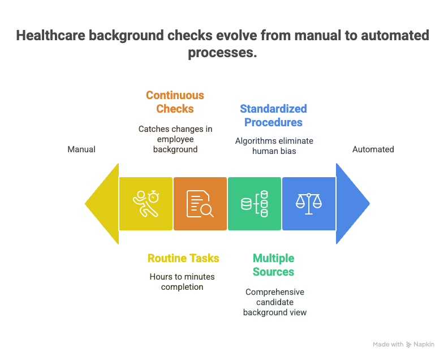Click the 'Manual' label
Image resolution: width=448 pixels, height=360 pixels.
tap(81, 149)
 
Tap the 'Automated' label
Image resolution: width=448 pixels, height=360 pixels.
tap(373, 149)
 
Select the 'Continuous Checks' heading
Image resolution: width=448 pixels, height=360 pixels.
tap(175, 102)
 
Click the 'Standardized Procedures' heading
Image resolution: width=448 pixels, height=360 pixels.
tap(273, 115)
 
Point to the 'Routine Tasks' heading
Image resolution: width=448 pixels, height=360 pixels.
tap(183, 258)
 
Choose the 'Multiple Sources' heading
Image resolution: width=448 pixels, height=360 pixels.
tap(273, 265)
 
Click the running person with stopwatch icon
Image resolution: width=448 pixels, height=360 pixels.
tap(146, 204)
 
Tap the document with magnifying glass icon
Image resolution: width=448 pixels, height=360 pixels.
tap(200, 204)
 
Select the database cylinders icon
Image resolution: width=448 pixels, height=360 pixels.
tap(255, 204)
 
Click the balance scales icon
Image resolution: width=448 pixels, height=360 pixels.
tap(309, 204)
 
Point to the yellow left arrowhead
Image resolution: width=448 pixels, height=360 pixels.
tap(102, 204)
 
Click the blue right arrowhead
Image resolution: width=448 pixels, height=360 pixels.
tap(353, 204)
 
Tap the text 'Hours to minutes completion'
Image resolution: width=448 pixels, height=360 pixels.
tap(182, 282)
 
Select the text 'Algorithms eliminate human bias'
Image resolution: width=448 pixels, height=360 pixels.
tap(274, 146)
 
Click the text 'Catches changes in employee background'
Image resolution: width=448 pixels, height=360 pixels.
tap(175, 139)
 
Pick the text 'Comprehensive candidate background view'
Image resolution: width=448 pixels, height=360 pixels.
tap(275, 302)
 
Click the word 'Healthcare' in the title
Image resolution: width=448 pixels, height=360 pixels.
tap(51, 36)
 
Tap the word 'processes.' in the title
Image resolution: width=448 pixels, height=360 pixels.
tap(222, 53)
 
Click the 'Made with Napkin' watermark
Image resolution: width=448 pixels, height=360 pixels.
tap(403, 344)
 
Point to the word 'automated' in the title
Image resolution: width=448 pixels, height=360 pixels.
tap(395, 36)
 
